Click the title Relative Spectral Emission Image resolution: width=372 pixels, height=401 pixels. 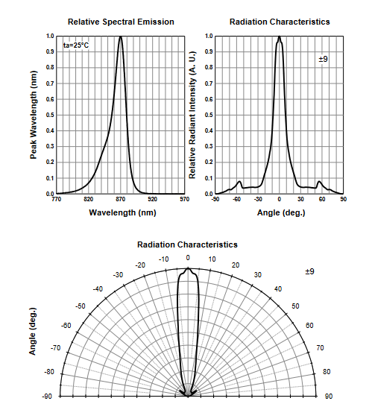[121, 22]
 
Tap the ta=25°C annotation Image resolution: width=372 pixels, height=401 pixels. [76, 45]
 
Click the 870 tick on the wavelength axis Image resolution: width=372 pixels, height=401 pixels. [121, 199]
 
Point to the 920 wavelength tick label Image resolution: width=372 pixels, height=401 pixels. [153, 199]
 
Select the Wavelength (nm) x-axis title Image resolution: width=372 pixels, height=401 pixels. [122, 212]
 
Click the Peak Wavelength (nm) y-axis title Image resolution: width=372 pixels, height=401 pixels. [34, 115]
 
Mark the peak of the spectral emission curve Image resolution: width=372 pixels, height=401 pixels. [121, 37]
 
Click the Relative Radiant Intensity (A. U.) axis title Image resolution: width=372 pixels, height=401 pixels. [192, 115]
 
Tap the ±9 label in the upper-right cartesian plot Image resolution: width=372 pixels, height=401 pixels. [323, 59]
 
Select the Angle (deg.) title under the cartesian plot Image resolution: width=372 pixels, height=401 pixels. [281, 212]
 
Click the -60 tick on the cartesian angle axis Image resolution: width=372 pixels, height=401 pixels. [237, 199]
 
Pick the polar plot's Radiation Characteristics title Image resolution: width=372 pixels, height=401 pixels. [188, 244]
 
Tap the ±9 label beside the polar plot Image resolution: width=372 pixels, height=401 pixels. [309, 271]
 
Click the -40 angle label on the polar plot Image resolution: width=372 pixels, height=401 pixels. [98, 289]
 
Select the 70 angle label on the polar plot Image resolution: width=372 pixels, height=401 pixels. [320, 348]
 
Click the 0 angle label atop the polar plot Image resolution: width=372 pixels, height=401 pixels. [188, 258]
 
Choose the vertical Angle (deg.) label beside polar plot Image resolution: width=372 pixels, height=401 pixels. [33, 331]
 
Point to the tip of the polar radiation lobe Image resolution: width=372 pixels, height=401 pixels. [188, 268]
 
